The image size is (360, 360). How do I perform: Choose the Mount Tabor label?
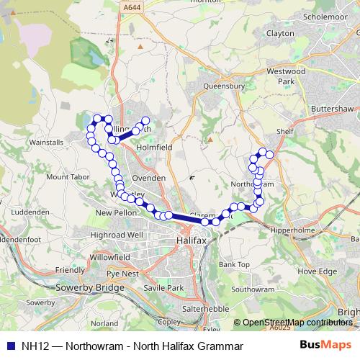pyautogui.click(x=67, y=176)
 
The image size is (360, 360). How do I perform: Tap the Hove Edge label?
pyautogui.click(x=317, y=271)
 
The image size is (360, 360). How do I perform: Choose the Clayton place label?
pyautogui.click(x=280, y=33)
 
